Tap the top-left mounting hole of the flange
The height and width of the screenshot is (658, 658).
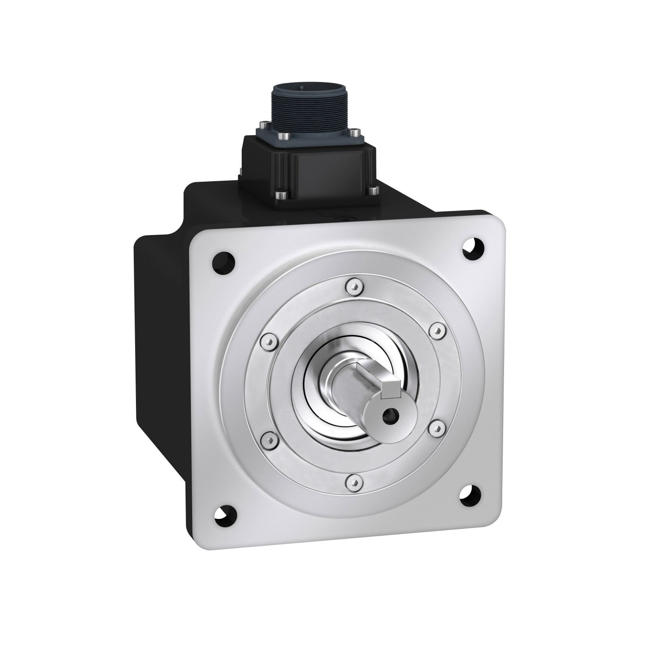(x=223, y=262)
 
